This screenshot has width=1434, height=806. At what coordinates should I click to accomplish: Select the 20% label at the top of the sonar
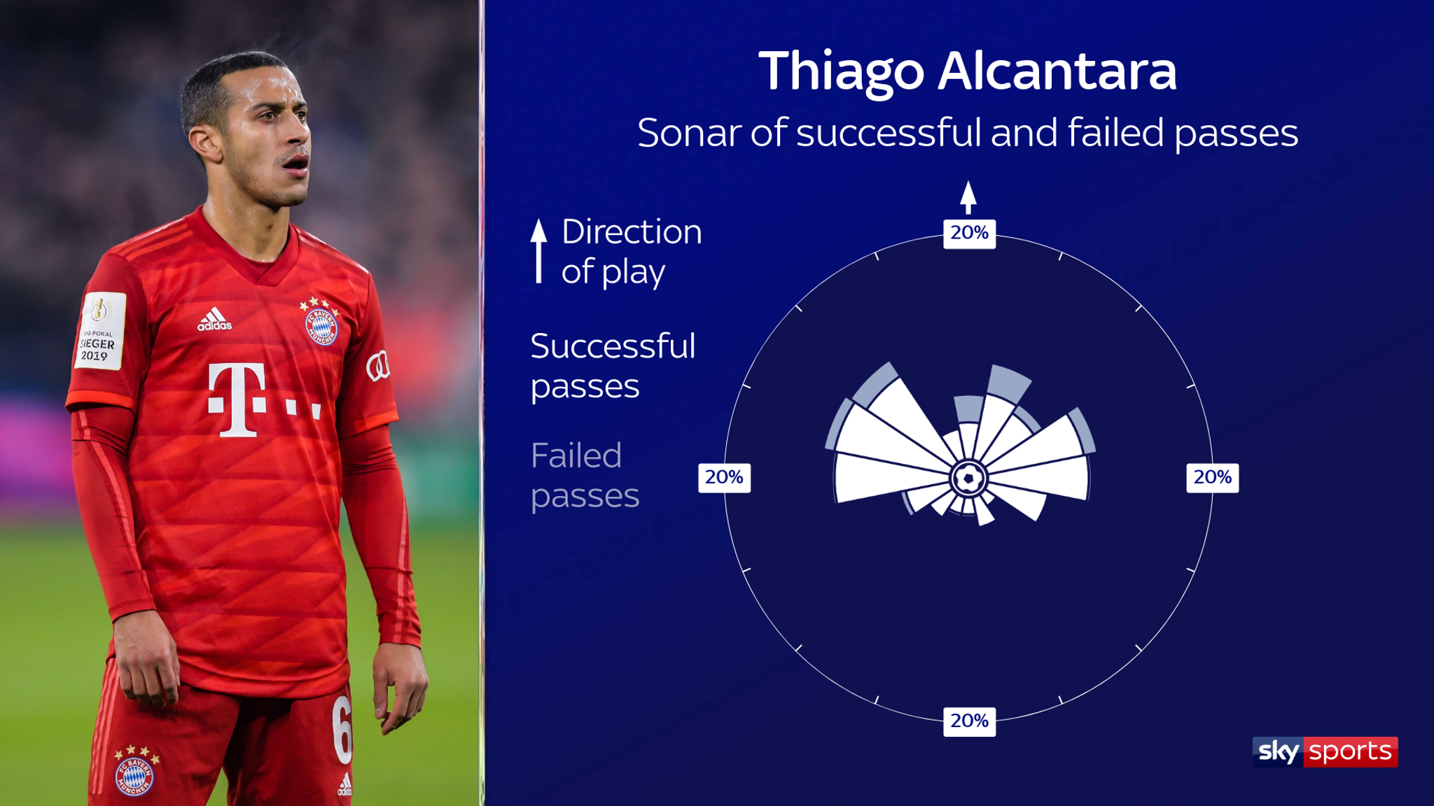[969, 233]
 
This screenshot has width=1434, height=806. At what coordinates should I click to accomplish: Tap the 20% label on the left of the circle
[724, 478]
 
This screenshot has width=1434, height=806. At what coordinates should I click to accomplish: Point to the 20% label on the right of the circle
[1213, 478]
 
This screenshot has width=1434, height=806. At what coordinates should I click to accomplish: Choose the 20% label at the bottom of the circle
[969, 721]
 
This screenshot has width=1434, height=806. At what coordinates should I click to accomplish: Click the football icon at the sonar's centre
[968, 479]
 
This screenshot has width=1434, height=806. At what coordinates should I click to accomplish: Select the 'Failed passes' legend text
[585, 476]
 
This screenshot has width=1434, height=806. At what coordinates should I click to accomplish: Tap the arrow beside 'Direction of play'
[538, 250]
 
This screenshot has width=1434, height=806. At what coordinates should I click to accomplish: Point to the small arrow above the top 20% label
[968, 197]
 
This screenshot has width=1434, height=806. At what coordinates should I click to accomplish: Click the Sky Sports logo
[1325, 752]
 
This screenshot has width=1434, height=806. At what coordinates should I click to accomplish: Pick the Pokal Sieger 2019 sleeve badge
[99, 330]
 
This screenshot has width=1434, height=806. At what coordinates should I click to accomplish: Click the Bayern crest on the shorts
[134, 775]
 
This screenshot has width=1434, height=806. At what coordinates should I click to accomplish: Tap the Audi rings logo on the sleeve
[378, 367]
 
